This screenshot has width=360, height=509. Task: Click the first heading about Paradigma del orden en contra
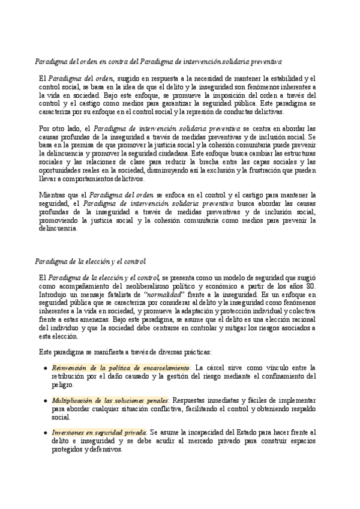[x=164, y=62]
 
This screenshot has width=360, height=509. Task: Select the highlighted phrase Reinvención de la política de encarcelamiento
[x=120, y=367]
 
